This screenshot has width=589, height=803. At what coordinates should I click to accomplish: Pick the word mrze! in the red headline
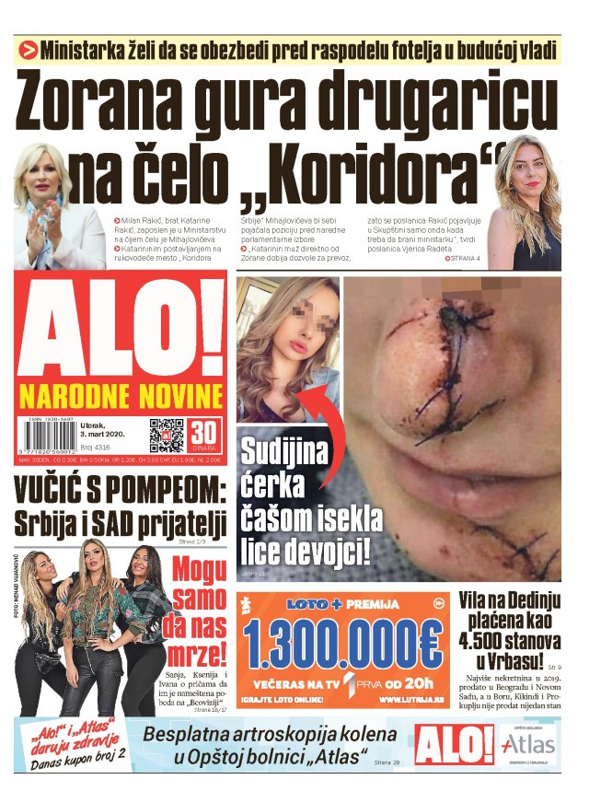pos(198,658)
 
